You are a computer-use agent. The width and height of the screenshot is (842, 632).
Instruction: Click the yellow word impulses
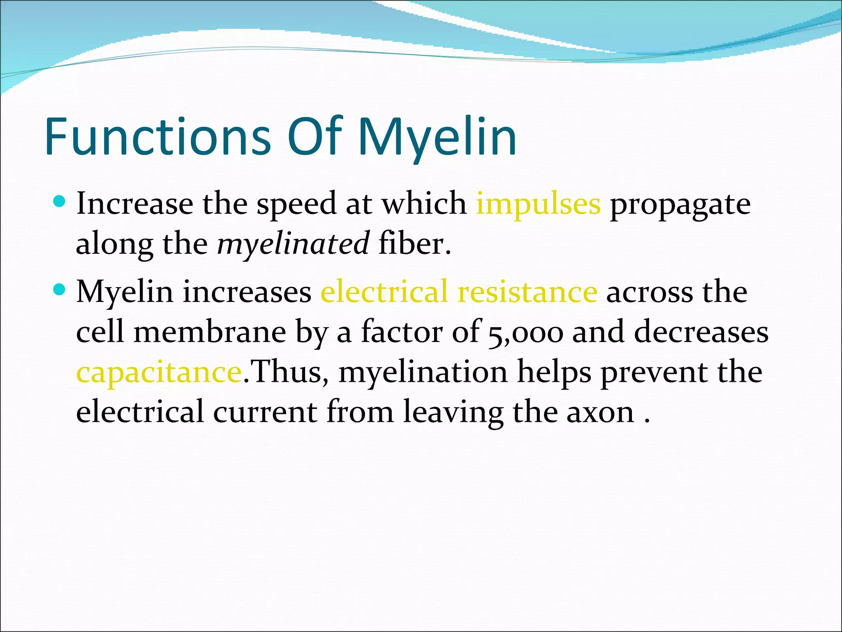[538, 204]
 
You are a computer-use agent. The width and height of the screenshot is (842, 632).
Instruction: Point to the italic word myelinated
[293, 244]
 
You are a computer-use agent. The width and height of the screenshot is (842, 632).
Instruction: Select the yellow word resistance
[527, 291]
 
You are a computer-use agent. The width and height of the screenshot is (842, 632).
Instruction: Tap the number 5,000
[525, 332]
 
